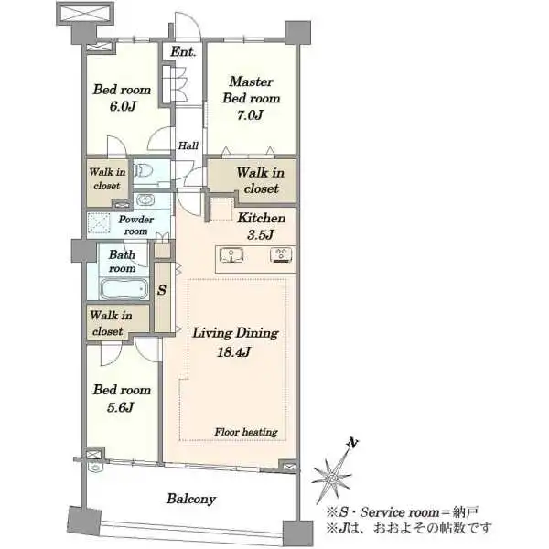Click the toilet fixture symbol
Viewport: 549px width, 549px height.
point(144,171)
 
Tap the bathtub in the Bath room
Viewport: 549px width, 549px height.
point(123,288)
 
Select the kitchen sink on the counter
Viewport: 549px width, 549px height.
point(231,254)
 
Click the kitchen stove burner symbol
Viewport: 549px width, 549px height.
point(281,255)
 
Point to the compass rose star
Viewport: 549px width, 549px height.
point(331,475)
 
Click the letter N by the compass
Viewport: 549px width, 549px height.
point(352,443)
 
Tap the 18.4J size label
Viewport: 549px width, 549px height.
point(233,351)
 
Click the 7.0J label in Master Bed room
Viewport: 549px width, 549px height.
point(250,115)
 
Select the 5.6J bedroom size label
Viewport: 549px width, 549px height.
point(120,407)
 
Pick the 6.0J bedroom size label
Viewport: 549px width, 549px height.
point(123,106)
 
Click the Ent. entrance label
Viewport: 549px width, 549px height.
point(183,52)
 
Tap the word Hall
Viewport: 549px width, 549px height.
point(188,145)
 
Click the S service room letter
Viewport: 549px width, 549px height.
point(162,290)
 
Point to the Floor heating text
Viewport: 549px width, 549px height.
point(246,432)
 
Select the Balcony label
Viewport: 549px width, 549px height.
point(191,499)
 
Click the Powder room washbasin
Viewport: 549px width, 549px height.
point(145,199)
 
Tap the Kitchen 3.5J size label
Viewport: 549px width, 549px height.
point(260,234)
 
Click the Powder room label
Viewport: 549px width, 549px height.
point(135,225)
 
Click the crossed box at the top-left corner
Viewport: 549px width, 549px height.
point(85,14)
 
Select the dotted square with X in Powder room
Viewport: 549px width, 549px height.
point(99,222)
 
